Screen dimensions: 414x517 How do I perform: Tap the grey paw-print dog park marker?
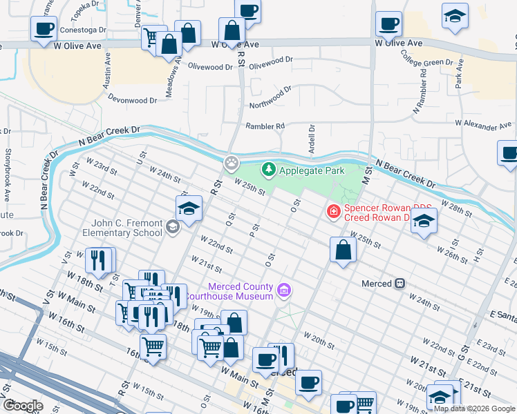231,164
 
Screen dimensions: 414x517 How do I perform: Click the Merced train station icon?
399,284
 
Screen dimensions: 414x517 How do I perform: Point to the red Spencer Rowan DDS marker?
333,210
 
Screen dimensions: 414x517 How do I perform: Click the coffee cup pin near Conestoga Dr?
44,29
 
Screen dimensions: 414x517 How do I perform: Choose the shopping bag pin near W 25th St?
343,250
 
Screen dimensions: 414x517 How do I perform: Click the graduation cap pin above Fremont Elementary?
189,208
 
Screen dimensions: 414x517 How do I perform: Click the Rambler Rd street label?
265,126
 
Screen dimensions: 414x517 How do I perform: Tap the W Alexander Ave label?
483,126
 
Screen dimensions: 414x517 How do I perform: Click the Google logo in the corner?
23,406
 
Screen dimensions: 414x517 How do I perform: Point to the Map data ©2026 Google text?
474,408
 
